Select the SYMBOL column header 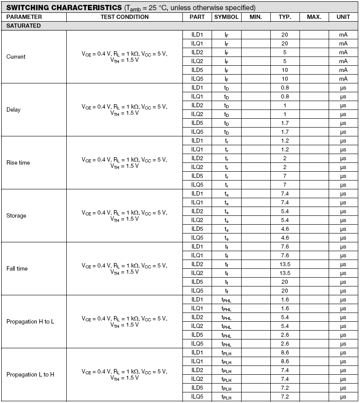226,17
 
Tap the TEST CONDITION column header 125,17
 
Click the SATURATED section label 23,26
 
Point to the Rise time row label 18,162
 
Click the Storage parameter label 16,215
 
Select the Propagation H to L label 30,321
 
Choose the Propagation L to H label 30,374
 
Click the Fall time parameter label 17,268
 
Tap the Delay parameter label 13,109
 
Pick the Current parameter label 16,56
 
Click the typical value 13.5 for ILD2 285,264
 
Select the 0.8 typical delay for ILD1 285,87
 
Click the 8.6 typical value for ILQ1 285,361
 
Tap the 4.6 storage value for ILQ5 285,237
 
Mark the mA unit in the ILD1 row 343,34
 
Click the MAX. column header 314,17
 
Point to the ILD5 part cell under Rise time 197,176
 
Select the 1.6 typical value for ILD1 285,299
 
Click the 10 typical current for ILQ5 285,79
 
